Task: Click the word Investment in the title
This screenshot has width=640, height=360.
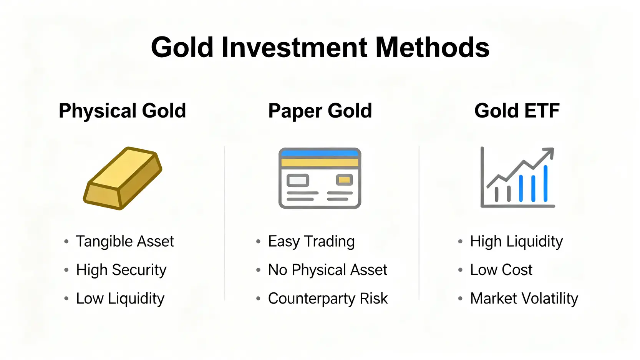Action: click(x=294, y=47)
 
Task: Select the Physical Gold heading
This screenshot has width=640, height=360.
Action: click(x=122, y=111)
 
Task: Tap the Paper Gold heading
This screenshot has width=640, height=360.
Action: click(x=320, y=111)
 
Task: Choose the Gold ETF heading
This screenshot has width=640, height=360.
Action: click(x=517, y=111)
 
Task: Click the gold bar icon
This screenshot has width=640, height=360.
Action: click(x=123, y=178)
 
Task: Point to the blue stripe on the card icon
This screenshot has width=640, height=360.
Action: click(x=320, y=153)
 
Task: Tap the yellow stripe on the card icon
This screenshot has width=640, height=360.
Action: click(x=320, y=163)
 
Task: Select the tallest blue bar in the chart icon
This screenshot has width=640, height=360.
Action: click(x=545, y=183)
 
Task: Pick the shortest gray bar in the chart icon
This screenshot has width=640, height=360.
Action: click(x=497, y=194)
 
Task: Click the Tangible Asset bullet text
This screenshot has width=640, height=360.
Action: click(x=125, y=241)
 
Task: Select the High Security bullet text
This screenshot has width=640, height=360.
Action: click(x=121, y=270)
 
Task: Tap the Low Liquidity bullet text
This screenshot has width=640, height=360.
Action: click(x=120, y=299)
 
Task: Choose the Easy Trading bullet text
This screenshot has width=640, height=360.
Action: click(x=312, y=241)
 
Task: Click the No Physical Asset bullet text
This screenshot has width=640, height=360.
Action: click(x=328, y=270)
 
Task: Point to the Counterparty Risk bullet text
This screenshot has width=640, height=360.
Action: click(x=328, y=299)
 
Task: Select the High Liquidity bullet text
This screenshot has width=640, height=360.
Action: click(x=517, y=241)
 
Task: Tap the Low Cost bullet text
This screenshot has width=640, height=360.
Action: click(x=501, y=270)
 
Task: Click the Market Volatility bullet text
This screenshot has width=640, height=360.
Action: click(x=524, y=299)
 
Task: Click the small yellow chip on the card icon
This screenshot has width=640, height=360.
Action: click(x=344, y=180)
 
